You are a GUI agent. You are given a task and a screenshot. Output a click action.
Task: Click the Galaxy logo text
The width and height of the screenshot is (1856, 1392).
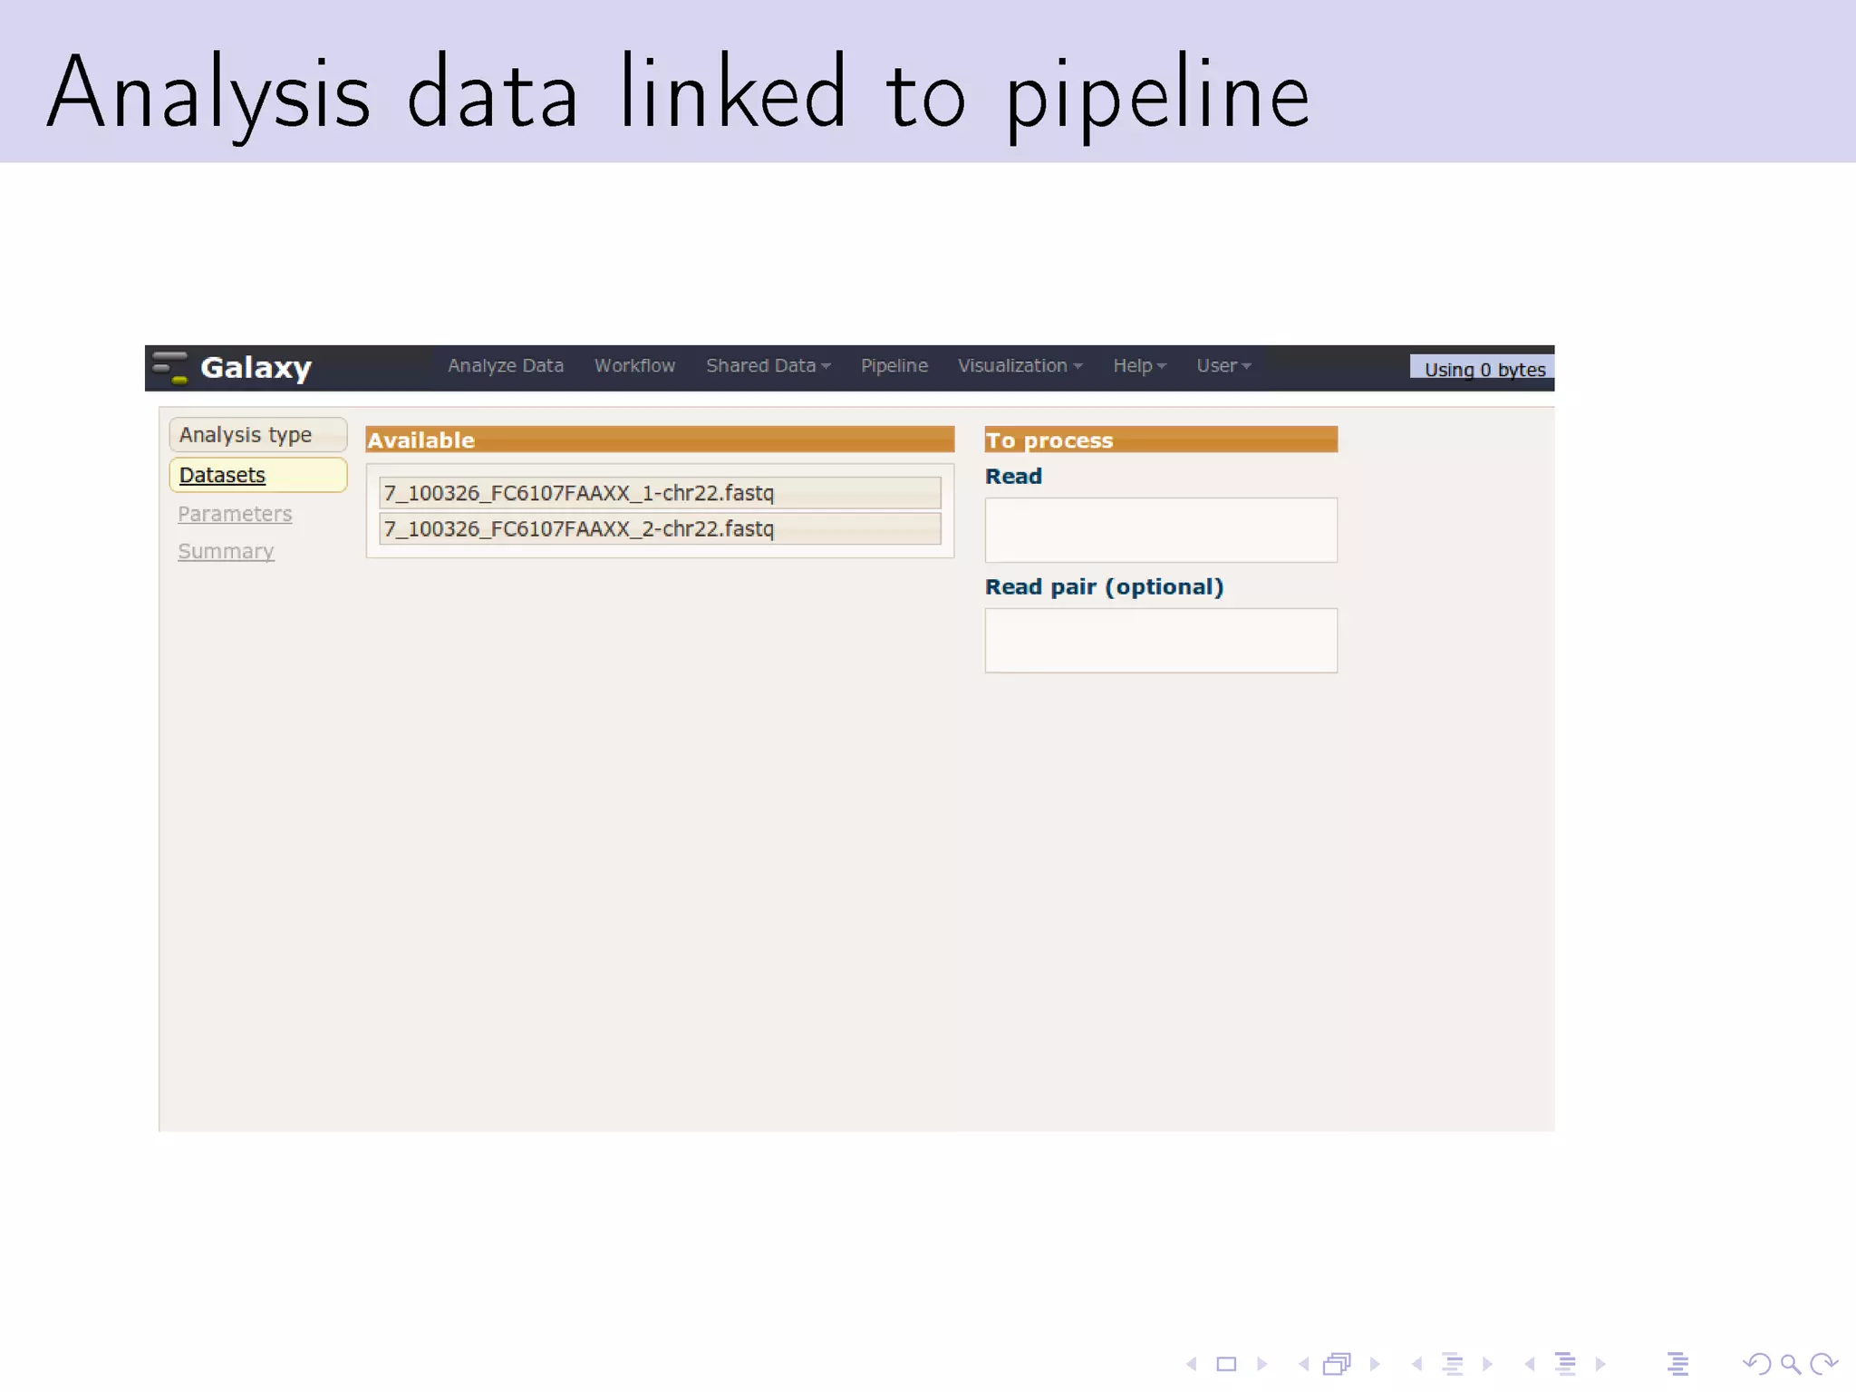pyautogui.click(x=256, y=368)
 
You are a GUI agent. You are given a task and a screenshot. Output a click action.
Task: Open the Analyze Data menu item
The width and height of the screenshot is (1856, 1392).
pyautogui.click(x=505, y=366)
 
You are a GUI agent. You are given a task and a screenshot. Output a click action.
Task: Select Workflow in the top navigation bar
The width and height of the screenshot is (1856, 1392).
pyautogui.click(x=634, y=366)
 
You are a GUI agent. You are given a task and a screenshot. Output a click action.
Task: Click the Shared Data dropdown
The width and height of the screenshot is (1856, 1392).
pyautogui.click(x=768, y=366)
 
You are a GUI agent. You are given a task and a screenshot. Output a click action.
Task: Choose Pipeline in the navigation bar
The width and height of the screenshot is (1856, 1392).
pyautogui.click(x=894, y=366)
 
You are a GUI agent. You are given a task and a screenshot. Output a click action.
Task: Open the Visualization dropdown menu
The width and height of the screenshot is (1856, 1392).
pyautogui.click(x=1019, y=366)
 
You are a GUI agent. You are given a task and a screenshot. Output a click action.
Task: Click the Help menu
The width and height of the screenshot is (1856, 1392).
pyautogui.click(x=1138, y=366)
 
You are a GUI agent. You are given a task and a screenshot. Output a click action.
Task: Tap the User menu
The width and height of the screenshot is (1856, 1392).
pyautogui.click(x=1223, y=366)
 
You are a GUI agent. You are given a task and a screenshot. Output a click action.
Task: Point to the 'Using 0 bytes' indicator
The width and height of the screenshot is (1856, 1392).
pyautogui.click(x=1484, y=370)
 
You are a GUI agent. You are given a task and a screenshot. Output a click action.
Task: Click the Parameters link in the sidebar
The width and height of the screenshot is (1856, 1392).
pyautogui.click(x=235, y=514)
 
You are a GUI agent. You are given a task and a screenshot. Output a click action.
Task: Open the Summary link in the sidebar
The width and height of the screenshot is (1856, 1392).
pyautogui.click(x=226, y=551)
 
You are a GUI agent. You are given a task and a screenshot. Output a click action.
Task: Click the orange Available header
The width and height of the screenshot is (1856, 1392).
pyautogui.click(x=659, y=440)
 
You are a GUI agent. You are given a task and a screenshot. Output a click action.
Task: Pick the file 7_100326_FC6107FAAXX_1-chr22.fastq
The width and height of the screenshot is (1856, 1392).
pyautogui.click(x=659, y=493)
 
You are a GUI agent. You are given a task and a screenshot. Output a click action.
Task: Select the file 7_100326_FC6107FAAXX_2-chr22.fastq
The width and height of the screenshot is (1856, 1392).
pyautogui.click(x=659, y=529)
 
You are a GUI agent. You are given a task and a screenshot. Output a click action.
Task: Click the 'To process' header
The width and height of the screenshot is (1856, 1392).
pyautogui.click(x=1160, y=440)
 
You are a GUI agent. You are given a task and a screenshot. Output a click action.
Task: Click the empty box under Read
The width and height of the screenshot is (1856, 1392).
pyautogui.click(x=1160, y=530)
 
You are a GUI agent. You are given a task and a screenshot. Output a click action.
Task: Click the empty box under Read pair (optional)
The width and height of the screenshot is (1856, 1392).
pyautogui.click(x=1160, y=641)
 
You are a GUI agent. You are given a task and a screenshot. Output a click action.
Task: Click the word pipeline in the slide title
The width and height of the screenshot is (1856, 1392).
pyautogui.click(x=1157, y=94)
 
